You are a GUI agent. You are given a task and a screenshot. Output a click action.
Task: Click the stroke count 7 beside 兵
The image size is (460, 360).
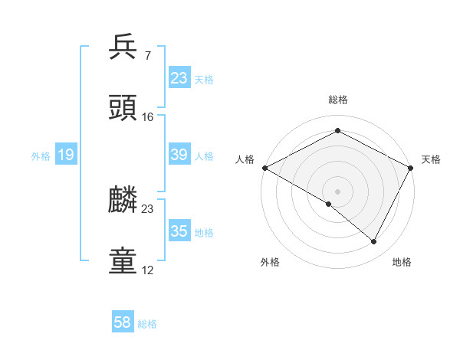pyautogui.click(x=147, y=55)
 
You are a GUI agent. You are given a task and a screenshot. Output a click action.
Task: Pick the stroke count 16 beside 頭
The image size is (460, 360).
pyautogui.click(x=148, y=116)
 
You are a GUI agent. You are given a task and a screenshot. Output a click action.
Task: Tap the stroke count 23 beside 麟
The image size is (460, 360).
pyautogui.click(x=148, y=208)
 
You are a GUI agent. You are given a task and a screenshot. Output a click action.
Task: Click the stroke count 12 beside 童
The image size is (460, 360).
pyautogui.click(x=148, y=270)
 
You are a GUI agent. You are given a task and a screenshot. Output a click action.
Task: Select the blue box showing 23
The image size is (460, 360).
pyautogui.click(x=179, y=78)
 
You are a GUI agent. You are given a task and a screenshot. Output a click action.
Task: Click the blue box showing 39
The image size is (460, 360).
pyautogui.click(x=179, y=155)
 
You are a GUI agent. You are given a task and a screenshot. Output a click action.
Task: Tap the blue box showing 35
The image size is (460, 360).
pyautogui.click(x=179, y=231)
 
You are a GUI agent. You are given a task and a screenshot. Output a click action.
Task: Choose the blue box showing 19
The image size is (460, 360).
pyautogui.click(x=65, y=155)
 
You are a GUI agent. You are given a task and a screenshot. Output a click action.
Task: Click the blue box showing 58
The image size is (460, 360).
pyautogui.click(x=123, y=323)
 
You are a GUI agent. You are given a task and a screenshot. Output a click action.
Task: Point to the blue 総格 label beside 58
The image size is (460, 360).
pyautogui.click(x=147, y=324)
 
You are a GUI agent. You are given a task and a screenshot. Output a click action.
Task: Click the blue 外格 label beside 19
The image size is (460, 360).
pyautogui.click(x=41, y=156)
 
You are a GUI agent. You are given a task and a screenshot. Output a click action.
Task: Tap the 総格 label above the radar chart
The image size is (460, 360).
pyautogui.click(x=337, y=100)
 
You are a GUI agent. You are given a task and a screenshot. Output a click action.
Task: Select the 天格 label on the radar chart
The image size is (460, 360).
pyautogui.click(x=431, y=159)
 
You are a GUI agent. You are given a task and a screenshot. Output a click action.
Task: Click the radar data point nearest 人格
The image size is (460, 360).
pyautogui.click(x=264, y=168)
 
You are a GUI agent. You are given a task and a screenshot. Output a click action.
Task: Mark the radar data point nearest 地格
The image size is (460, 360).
pyautogui.click(x=374, y=242)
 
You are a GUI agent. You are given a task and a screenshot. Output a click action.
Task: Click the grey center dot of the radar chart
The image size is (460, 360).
pyautogui.click(x=337, y=191)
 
